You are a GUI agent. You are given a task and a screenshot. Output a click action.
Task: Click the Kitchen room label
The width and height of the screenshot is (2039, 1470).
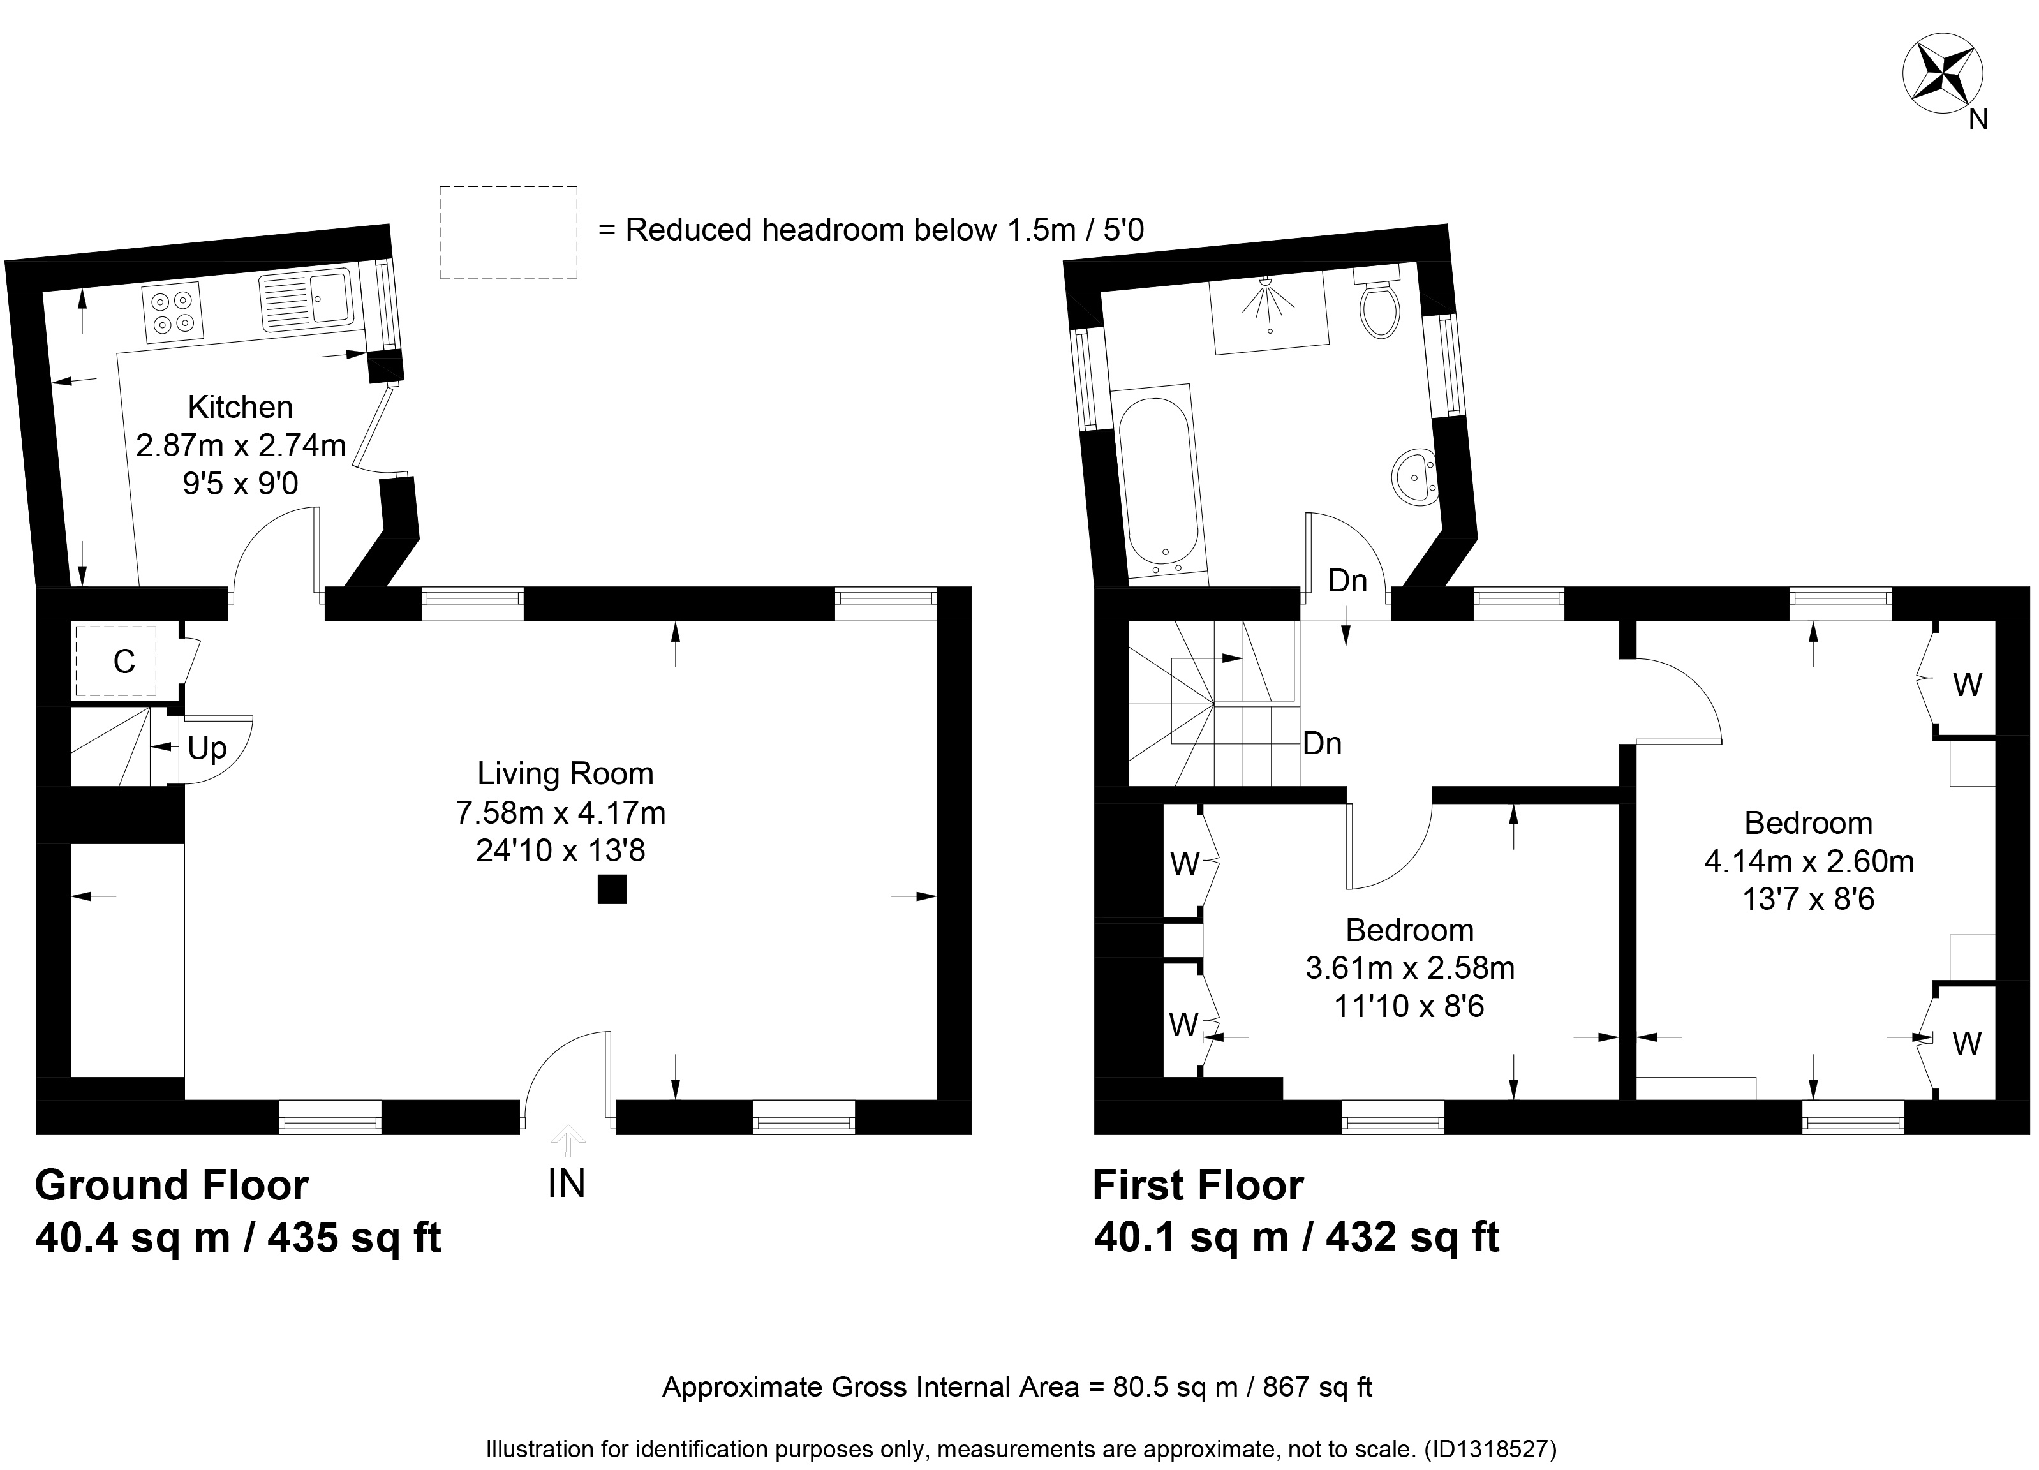point(240,407)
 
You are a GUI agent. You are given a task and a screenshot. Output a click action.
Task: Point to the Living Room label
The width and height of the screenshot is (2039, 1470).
point(565,773)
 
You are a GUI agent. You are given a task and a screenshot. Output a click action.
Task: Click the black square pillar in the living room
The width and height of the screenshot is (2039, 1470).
point(612,889)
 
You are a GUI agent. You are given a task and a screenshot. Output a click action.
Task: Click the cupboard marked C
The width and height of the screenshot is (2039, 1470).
point(116,661)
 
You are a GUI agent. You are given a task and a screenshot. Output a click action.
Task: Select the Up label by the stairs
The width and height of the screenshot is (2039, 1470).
point(207,748)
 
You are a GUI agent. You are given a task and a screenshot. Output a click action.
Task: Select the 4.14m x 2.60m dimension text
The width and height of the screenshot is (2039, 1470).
point(1809,861)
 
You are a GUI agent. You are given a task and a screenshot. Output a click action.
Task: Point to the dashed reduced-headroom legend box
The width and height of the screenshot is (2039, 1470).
point(508,232)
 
